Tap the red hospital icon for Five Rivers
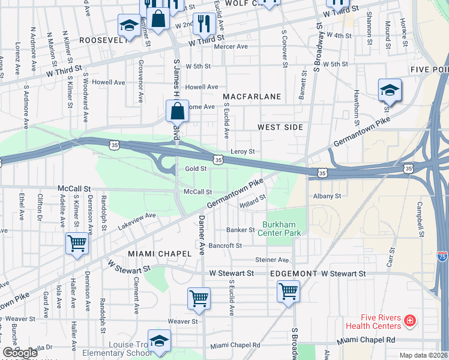point(409,322)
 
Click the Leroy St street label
point(243,152)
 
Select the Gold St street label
point(196,169)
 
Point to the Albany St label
point(327,196)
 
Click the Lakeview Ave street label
point(137,220)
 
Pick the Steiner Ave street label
point(272,260)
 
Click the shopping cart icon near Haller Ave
point(77,244)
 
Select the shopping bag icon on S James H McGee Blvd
point(177,111)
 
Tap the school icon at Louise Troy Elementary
point(159,341)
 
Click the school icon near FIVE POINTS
point(390,91)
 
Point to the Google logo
point(21,353)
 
